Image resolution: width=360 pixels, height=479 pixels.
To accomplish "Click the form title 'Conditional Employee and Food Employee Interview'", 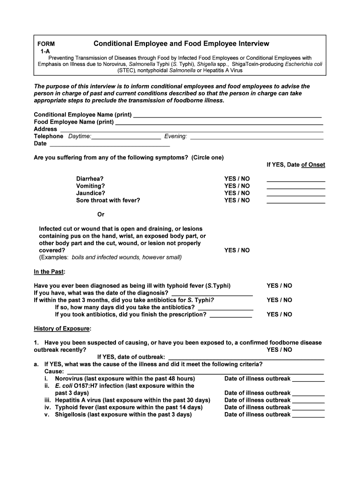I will coord(181,44).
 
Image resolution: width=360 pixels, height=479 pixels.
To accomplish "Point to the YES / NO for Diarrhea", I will coord(237,179).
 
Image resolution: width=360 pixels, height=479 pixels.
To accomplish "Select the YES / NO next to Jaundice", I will coord(237,193).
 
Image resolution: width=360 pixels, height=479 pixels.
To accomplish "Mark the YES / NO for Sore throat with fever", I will coord(237,200).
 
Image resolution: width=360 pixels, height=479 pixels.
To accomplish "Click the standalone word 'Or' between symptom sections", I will coord(101,215).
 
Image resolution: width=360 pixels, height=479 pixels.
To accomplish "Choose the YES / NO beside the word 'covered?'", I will coord(237,250).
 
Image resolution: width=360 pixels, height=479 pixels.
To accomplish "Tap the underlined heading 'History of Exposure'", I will coord(63,329).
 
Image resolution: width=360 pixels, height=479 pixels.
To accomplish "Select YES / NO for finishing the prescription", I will coord(279,314).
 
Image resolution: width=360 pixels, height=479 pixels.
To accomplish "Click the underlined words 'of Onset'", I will coord(313,165).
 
